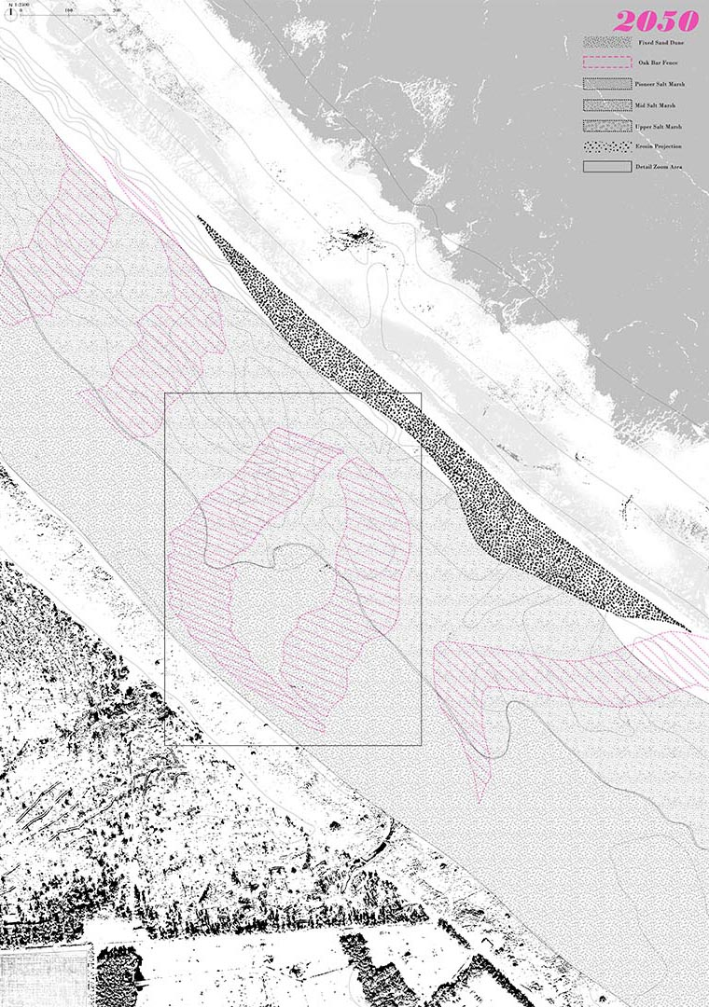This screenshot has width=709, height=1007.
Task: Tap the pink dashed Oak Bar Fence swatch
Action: pyautogui.click(x=607, y=62)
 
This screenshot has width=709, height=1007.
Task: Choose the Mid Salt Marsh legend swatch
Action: pyautogui.click(x=607, y=104)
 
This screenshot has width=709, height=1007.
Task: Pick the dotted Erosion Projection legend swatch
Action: pyautogui.click(x=607, y=146)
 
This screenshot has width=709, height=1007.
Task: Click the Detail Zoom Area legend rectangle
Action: pyautogui.click(x=607, y=167)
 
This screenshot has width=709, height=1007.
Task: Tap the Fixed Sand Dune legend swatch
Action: pyautogui.click(x=607, y=42)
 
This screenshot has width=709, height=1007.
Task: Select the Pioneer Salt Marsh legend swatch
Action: pyautogui.click(x=607, y=84)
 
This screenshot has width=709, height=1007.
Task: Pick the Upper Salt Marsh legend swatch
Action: pyautogui.click(x=607, y=126)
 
